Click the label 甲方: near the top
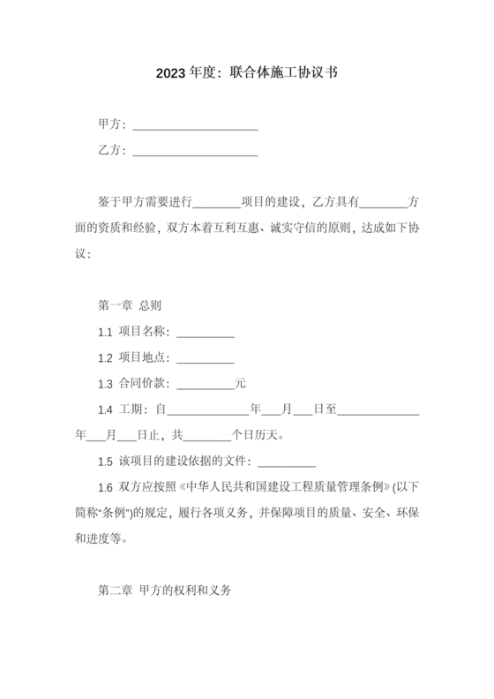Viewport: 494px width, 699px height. point(112,124)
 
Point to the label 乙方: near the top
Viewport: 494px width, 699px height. point(112,151)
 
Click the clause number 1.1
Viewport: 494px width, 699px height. point(105,333)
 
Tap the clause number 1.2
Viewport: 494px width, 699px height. point(105,358)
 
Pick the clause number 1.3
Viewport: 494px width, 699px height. point(105,385)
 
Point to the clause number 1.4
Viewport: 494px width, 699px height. point(105,410)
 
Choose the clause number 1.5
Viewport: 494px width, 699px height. point(105,462)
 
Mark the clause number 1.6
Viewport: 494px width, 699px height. point(105,487)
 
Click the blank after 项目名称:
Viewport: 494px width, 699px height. point(206,334)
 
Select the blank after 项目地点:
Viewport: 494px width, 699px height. point(206,359)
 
